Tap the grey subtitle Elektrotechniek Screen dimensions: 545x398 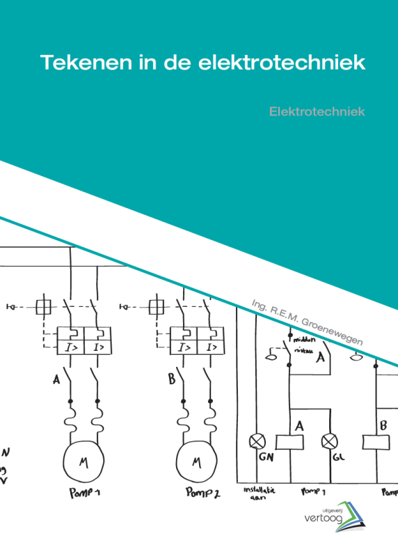click(x=317, y=111)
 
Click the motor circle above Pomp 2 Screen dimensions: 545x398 click(x=196, y=461)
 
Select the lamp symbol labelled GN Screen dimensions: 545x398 click(x=257, y=441)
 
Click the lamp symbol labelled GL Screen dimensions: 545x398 click(x=329, y=441)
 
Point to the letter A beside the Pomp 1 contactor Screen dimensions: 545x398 click(x=56, y=379)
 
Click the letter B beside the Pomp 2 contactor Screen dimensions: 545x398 click(x=171, y=379)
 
